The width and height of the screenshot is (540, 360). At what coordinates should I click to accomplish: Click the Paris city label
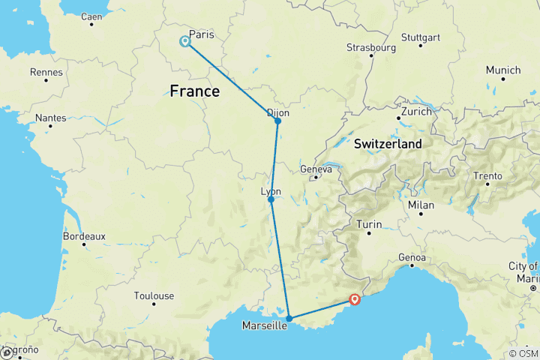202,34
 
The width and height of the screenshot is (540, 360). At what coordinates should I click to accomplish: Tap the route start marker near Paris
184,41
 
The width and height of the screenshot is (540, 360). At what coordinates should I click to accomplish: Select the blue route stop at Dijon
277,121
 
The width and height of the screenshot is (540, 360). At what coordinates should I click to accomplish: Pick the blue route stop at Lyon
271,199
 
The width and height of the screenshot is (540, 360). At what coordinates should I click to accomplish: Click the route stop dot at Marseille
289,319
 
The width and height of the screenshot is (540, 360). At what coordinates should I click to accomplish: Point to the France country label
195,91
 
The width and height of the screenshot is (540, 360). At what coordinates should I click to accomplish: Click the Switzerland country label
388,143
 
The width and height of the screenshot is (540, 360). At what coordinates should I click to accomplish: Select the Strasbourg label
370,47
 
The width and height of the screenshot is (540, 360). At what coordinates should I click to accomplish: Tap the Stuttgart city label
421,37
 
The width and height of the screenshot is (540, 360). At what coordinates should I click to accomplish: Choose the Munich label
502,70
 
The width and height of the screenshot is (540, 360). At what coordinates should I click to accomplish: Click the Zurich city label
416,111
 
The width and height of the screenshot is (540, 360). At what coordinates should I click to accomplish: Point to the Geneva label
316,169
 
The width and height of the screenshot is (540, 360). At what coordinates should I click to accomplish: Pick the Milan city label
421,205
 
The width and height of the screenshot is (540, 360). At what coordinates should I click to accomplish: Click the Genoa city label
412,258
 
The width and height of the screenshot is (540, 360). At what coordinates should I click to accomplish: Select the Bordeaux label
84,235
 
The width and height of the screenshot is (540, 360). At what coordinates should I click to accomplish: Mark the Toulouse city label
154,295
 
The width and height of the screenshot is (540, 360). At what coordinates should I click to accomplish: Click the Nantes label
50,118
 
